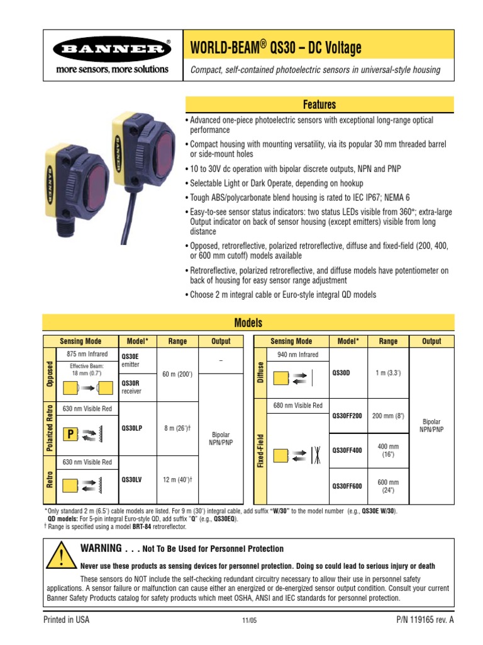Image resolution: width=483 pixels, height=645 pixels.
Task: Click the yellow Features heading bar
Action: (319, 105)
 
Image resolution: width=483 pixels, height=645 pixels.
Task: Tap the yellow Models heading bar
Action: (248, 323)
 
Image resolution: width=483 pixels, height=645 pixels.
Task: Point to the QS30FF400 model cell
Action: (347, 450)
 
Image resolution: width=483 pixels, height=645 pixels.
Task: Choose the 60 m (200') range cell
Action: (177, 374)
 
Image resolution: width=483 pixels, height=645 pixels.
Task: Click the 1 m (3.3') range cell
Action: (388, 373)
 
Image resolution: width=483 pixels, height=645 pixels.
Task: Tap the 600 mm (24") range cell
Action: (388, 486)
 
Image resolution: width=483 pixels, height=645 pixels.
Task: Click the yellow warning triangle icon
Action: (61, 556)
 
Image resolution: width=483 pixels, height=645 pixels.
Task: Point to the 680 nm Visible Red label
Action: (297, 406)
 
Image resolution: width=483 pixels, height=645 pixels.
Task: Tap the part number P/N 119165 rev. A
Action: (421, 620)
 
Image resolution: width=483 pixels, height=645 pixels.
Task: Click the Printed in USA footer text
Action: (66, 620)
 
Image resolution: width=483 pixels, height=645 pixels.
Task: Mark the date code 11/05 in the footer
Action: (250, 621)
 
